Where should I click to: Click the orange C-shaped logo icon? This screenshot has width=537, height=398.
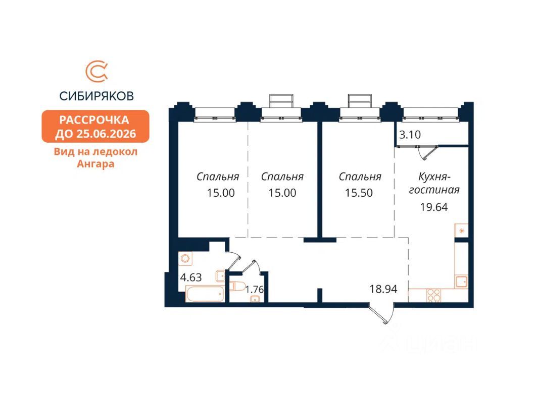[95, 72]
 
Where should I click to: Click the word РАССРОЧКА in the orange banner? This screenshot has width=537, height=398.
[94, 120]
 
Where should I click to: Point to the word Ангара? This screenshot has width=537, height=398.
[95, 163]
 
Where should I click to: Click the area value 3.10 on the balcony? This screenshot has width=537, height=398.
[410, 135]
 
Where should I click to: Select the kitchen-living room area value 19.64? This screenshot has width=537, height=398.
[434, 206]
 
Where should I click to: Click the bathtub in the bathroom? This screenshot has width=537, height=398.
[204, 294]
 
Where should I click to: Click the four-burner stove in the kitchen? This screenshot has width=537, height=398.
[433, 295]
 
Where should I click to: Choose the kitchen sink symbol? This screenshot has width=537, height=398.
[461, 281]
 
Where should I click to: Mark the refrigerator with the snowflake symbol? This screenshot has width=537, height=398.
[461, 231]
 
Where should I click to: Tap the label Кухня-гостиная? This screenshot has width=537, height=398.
[438, 183]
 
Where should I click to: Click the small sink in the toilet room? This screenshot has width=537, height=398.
[256, 299]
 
